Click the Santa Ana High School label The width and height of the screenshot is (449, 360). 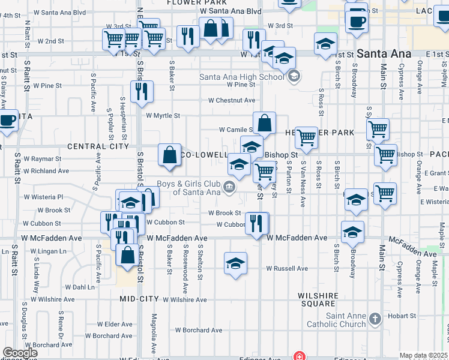241,77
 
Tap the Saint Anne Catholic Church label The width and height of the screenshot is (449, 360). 345,320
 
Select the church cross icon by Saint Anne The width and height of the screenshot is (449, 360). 375,319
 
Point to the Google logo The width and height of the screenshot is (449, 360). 19,353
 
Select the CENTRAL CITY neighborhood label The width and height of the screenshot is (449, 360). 98,146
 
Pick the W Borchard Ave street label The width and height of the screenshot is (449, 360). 199,330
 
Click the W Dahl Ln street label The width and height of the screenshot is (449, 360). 79,287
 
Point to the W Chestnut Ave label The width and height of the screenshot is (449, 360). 232,100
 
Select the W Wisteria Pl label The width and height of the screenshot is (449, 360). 43,196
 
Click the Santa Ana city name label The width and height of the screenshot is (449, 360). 384,53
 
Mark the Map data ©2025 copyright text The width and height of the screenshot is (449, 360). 424,355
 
